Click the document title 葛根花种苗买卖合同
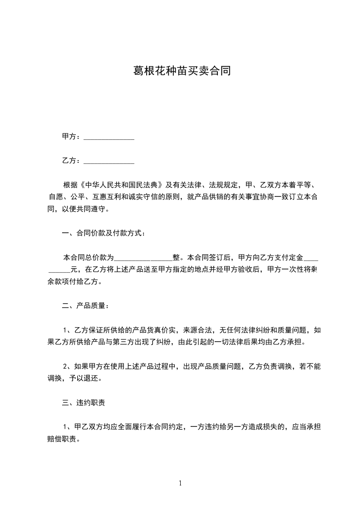point(180,71)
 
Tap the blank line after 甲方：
point(109,137)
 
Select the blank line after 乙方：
point(109,161)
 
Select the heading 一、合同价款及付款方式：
point(104,233)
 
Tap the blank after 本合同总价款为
point(143,257)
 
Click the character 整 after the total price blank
point(176,257)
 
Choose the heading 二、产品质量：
point(85,306)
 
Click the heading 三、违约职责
point(84,402)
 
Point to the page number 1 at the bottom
point(180,483)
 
